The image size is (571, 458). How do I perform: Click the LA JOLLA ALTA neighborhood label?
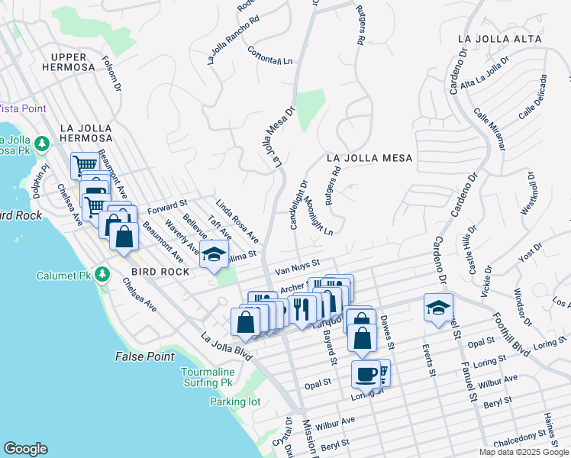500,38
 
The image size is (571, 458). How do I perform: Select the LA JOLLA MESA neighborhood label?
369,158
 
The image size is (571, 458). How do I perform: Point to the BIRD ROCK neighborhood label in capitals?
159,272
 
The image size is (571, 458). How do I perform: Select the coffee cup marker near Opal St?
367,374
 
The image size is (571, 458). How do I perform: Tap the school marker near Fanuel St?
438,308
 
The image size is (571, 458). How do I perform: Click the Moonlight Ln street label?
318,218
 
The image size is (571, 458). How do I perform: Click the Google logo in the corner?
25,449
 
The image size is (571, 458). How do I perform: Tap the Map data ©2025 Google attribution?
523,452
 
